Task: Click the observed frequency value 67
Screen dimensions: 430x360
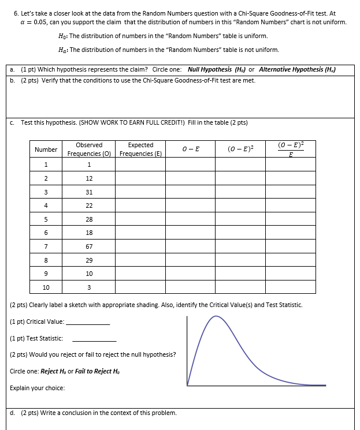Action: [x=89, y=246]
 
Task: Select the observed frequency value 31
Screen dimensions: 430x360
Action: [x=89, y=192]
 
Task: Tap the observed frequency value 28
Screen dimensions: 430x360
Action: [x=89, y=219]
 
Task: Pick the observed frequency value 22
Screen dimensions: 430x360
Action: [x=89, y=205]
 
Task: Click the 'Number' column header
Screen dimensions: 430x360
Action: [x=46, y=149]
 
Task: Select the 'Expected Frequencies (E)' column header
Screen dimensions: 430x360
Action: [x=140, y=149]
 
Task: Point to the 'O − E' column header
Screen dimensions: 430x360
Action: [x=190, y=149]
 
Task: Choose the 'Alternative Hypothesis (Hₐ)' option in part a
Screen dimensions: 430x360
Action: [x=297, y=69]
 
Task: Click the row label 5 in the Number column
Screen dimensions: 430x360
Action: [x=46, y=219]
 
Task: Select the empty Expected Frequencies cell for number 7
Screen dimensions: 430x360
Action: [x=140, y=246]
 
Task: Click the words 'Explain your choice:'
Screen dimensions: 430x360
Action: [x=37, y=388]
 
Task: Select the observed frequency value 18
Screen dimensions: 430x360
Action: [x=89, y=233]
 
